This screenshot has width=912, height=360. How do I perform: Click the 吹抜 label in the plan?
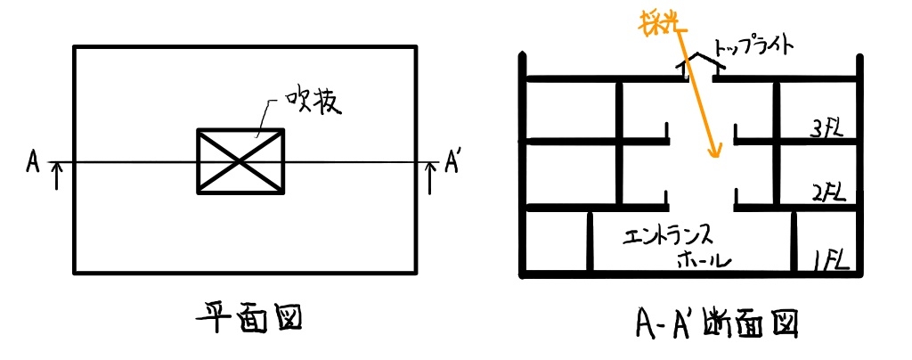pos(312,103)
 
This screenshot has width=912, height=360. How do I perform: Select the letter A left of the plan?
pos(33,162)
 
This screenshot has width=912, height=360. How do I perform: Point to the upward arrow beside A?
pos(56,176)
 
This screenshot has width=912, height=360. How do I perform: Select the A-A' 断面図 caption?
pos(715,323)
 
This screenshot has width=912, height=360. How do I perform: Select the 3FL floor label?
pos(826,130)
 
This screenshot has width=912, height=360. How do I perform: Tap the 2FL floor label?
pos(826,192)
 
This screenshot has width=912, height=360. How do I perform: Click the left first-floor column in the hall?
pos(590,241)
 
